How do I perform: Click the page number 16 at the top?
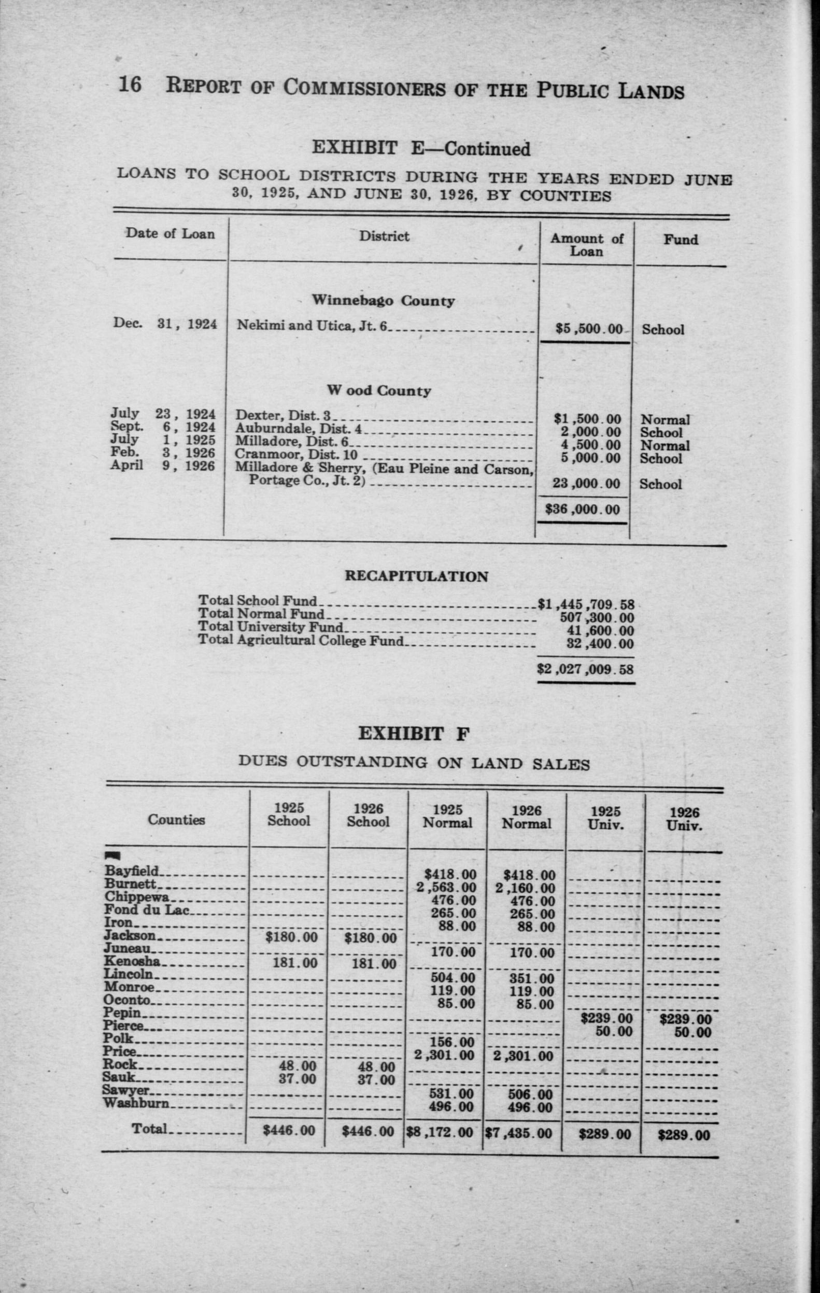[130, 85]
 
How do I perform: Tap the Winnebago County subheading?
[384, 301]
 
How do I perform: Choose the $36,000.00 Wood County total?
[583, 509]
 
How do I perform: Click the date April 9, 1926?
[163, 466]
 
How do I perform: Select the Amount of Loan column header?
[586, 245]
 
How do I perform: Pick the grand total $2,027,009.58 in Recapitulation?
[585, 670]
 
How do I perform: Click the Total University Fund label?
[270, 627]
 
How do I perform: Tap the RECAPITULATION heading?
[416, 577]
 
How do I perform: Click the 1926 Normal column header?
[526, 817]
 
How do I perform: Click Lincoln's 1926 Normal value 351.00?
[532, 978]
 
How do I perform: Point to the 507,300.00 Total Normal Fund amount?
[597, 618]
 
